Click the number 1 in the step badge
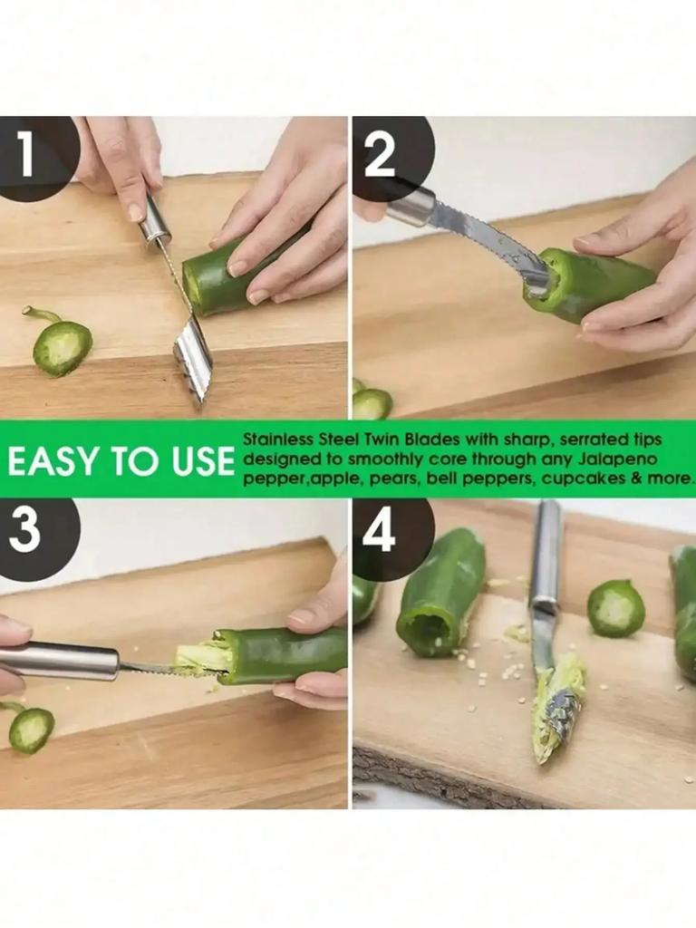(24, 155)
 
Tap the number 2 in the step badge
(379, 155)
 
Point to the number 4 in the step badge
(379, 532)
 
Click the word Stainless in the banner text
(277, 440)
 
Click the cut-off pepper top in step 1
(61, 346)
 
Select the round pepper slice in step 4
(615, 608)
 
